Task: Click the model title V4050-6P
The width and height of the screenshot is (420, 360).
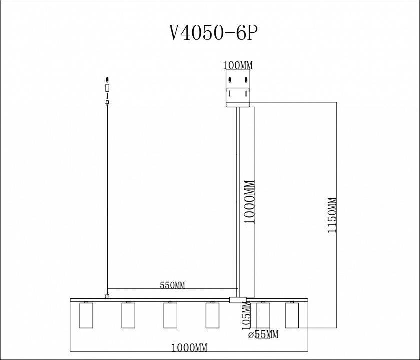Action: pyautogui.click(x=214, y=33)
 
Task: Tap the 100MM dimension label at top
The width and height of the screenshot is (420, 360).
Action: pyautogui.click(x=238, y=66)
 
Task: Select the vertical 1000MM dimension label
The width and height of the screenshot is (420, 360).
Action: pyautogui.click(x=249, y=202)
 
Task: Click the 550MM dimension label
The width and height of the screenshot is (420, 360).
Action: pyautogui.click(x=173, y=285)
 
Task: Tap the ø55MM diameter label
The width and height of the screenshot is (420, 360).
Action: pyautogui.click(x=263, y=334)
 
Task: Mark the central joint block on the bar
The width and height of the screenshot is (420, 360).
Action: pyautogui.click(x=238, y=300)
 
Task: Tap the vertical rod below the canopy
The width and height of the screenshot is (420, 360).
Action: pyautogui.click(x=238, y=200)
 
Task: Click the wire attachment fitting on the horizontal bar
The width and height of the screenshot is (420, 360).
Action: pyautogui.click(x=107, y=297)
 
